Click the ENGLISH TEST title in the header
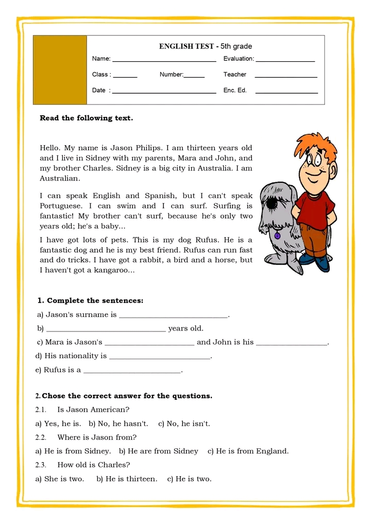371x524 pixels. click(x=205, y=46)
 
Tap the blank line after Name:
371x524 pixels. click(x=164, y=61)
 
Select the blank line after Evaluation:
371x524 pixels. click(x=285, y=61)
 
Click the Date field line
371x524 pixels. click(x=164, y=93)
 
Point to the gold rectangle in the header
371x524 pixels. click(x=60, y=70)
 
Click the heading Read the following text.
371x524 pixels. click(x=86, y=118)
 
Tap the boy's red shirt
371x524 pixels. click(x=314, y=209)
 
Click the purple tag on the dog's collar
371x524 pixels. click(x=277, y=236)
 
